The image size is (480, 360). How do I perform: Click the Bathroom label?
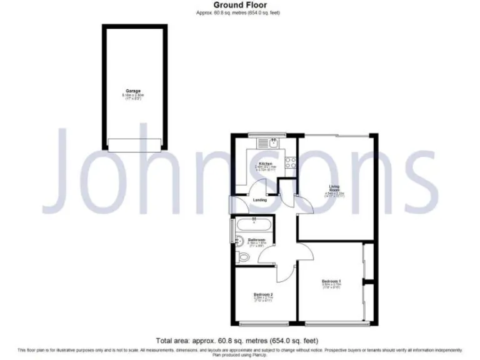click(257, 240)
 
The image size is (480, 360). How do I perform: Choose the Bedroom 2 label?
click(262, 294)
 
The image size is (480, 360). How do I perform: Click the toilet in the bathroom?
click(241, 257)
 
